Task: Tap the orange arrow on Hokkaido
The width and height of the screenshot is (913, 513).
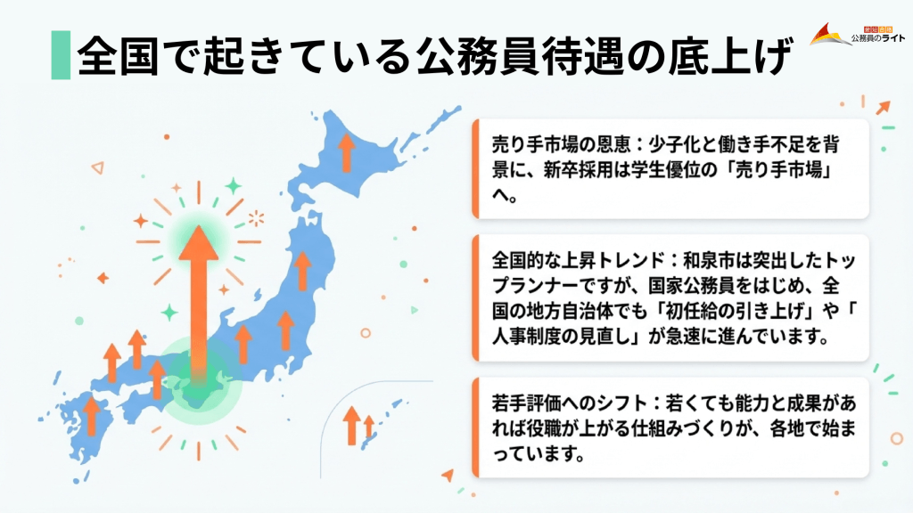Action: click(347, 152)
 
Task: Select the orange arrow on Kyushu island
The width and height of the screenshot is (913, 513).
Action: click(91, 415)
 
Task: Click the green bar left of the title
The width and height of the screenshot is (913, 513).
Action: click(60, 55)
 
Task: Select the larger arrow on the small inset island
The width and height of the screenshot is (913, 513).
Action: click(351, 425)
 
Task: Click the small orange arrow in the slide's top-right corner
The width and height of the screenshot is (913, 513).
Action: click(883, 108)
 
